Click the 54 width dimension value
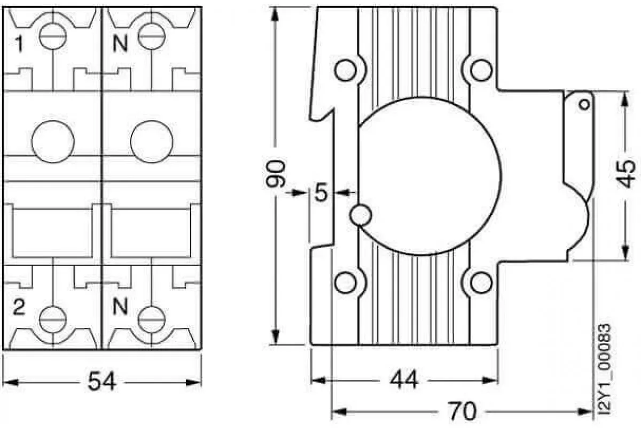[102, 381]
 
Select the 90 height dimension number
[276, 174]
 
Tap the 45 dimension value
[626, 174]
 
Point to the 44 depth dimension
[404, 379]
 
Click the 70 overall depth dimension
[462, 411]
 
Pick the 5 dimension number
[321, 193]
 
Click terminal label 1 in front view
[19, 44]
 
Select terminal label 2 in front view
[19, 307]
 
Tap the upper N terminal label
[120, 44]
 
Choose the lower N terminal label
[120, 306]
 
